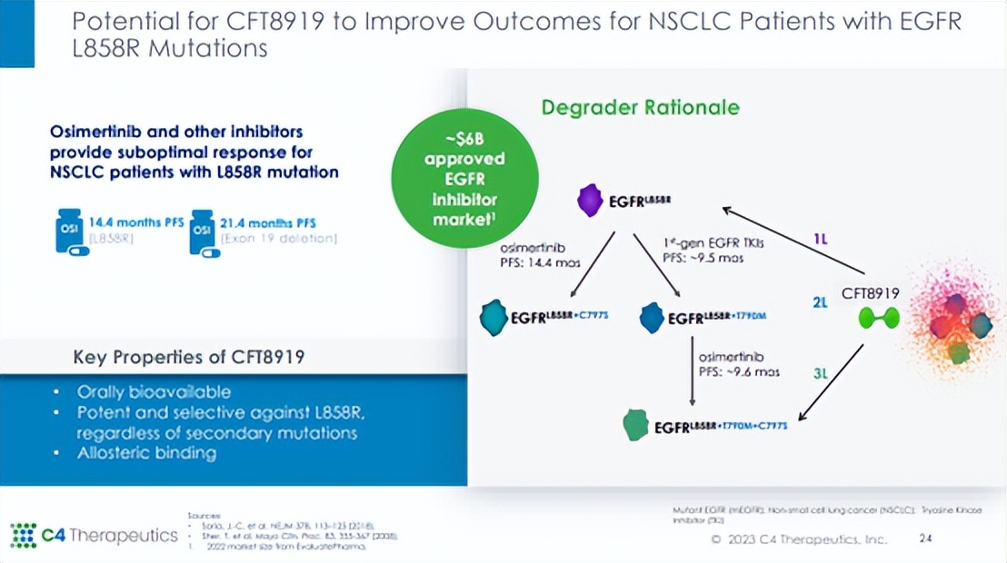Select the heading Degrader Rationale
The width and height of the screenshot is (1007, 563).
tap(640, 108)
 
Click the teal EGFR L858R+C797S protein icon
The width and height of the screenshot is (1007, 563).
tap(494, 317)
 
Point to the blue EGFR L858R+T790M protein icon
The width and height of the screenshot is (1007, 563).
tap(652, 317)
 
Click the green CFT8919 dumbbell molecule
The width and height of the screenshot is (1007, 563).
tap(880, 318)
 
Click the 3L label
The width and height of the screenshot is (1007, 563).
tap(820, 372)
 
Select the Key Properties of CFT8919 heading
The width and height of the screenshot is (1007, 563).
tap(188, 357)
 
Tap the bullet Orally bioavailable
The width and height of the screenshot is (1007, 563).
tap(153, 392)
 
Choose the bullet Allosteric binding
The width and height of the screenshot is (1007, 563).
tap(146, 452)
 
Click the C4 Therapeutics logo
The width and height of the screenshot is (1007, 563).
tap(94, 535)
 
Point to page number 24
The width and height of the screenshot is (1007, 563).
tap(925, 538)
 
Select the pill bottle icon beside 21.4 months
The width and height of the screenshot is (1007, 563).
tap(202, 230)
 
